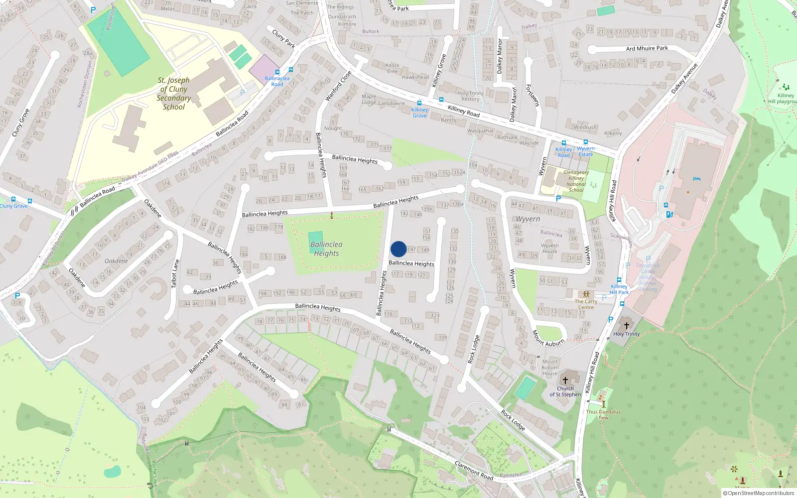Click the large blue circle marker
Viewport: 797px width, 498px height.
[x=398, y=249]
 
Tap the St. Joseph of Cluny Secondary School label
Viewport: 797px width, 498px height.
[x=173, y=94]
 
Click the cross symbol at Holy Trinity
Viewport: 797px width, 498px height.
[x=627, y=325]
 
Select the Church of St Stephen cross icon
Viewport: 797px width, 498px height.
[x=565, y=380]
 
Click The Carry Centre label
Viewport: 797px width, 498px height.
[x=586, y=304]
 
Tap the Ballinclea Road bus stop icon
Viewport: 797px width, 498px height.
[x=277, y=72]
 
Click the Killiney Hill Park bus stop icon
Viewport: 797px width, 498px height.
[x=619, y=280]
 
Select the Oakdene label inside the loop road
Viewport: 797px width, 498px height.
[x=116, y=261]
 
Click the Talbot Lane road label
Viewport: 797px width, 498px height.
[x=175, y=273]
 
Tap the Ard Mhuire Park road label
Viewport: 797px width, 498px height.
[x=647, y=48]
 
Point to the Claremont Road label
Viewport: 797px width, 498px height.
[x=474, y=471]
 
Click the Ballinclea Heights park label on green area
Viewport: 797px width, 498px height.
[x=326, y=249]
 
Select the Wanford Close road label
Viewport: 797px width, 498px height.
[x=338, y=86]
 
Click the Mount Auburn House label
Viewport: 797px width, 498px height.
[x=550, y=368]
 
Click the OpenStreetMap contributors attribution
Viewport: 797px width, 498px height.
[x=758, y=493]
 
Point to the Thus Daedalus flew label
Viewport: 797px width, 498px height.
[x=603, y=414]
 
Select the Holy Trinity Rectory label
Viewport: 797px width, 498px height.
[x=470, y=96]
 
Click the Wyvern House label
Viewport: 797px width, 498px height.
[x=550, y=248]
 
